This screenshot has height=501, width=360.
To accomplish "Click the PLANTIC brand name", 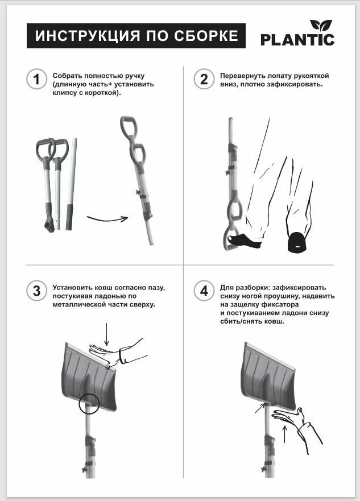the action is [297, 40].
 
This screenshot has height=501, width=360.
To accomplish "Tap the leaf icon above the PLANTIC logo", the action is [321, 25].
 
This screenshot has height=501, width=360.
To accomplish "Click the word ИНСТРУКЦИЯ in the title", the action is [88, 36].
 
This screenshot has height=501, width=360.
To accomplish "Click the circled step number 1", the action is [36, 79].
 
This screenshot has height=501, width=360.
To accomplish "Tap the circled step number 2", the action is [204, 79].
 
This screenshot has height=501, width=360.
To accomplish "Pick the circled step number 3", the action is [36, 291].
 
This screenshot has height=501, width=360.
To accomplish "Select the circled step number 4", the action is [204, 291].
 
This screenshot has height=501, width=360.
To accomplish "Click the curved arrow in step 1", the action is [107, 220].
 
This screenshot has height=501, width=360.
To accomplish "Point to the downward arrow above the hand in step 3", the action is [106, 334].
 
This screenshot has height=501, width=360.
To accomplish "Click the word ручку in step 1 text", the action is [135, 76].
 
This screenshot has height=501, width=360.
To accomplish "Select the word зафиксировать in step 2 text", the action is [297, 84].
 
